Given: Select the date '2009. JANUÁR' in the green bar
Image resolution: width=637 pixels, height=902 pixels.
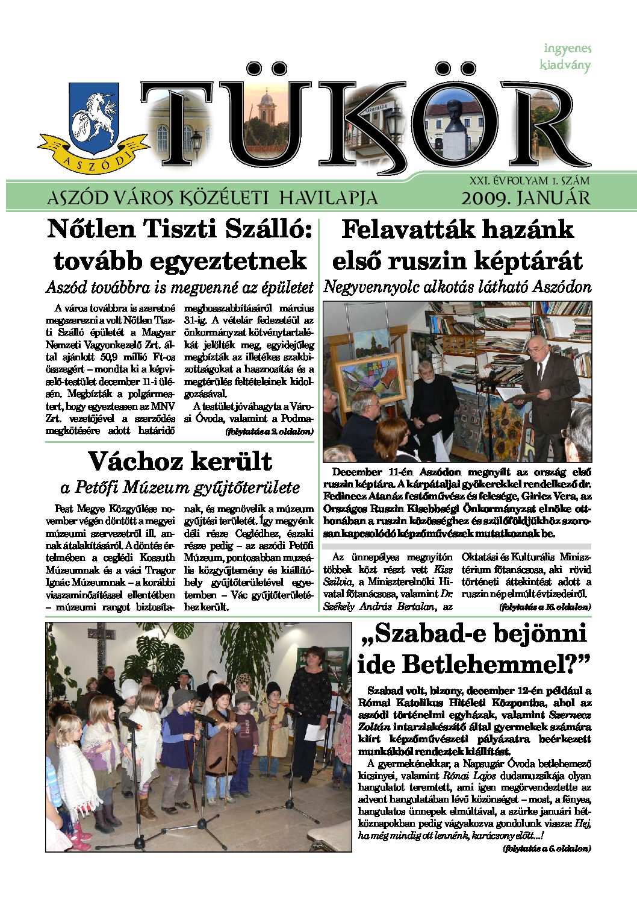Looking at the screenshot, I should point(526,198).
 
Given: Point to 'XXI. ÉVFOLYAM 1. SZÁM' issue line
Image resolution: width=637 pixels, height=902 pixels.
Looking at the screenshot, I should point(529,180).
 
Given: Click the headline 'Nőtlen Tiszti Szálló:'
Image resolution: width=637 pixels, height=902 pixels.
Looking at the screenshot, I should point(179,230).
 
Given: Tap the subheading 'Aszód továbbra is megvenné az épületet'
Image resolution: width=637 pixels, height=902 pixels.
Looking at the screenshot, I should point(180,287).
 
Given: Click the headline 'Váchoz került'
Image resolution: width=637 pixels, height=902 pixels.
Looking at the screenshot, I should point(180,462).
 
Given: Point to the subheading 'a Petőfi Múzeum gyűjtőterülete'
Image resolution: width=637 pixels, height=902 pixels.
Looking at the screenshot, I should point(180,487).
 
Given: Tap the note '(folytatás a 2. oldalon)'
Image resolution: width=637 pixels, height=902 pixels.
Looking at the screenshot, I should point(269,431).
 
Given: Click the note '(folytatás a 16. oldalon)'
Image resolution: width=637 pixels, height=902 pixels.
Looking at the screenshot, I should point(545,607).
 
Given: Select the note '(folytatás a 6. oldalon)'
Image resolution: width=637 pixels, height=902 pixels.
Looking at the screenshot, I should point(547,848).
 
